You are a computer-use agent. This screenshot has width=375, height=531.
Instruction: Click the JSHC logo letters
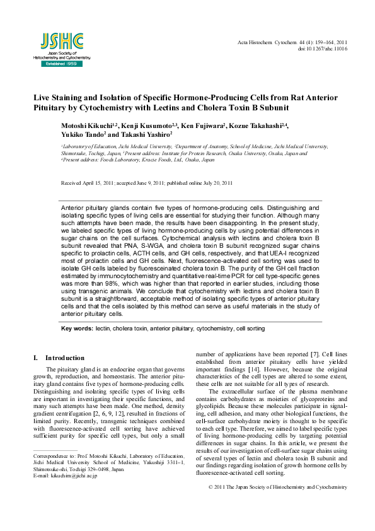coord(61,41)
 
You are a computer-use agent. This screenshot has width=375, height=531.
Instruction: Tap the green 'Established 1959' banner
coord(61,64)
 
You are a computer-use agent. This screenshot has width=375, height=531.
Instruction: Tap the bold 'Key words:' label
coord(77,329)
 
